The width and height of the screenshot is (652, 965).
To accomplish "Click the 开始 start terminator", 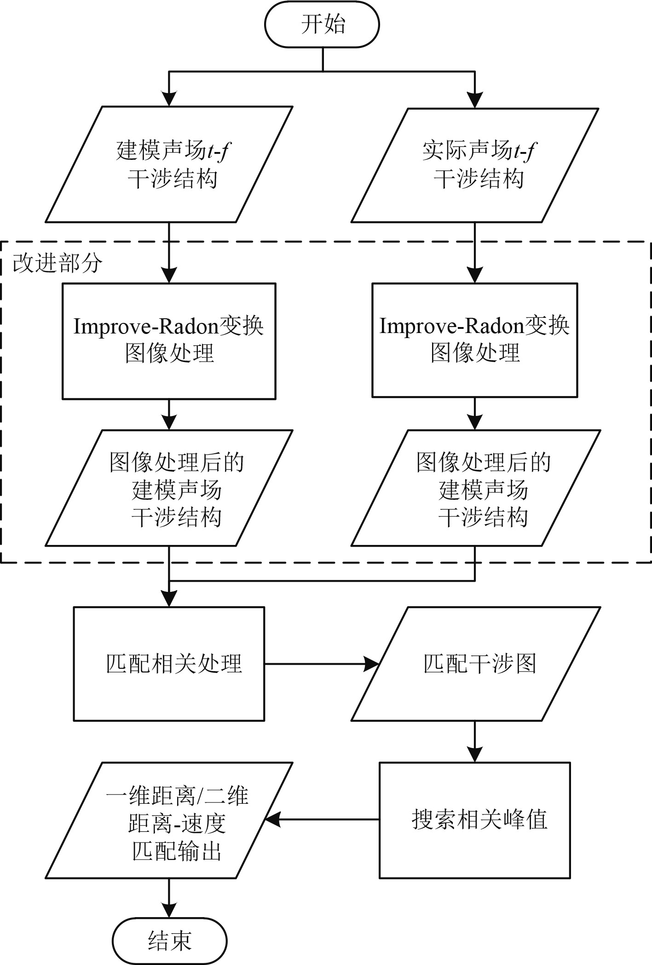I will (x=322, y=24).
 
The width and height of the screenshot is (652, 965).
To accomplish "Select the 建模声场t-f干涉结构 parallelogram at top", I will (x=169, y=164).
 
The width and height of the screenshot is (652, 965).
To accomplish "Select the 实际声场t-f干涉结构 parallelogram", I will (x=475, y=165).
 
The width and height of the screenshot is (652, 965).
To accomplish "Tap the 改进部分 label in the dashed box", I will (x=57, y=263).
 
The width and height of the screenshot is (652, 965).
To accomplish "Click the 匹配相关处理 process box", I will (x=169, y=664).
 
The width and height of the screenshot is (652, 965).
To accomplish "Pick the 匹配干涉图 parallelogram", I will (x=476, y=664).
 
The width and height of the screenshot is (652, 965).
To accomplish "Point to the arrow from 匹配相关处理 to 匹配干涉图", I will (x=322, y=664).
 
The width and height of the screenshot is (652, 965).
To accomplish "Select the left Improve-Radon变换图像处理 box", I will (x=169, y=341).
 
